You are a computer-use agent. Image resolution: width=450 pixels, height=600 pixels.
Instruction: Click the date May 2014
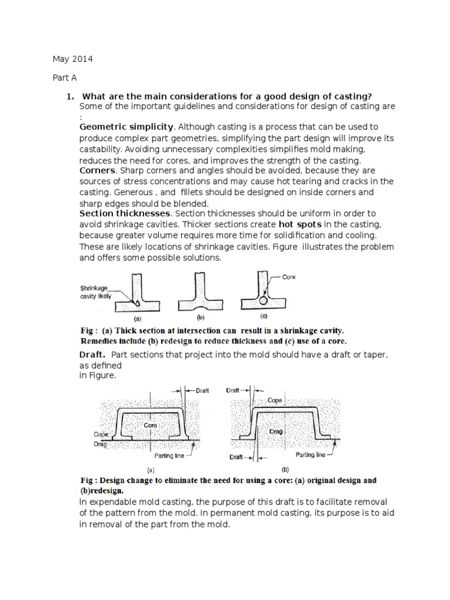73,60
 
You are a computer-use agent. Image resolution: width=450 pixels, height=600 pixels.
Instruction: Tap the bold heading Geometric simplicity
127,127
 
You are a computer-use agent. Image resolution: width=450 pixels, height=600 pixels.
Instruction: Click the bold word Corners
97,170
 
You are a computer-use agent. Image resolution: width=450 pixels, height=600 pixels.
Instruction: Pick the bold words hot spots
298,224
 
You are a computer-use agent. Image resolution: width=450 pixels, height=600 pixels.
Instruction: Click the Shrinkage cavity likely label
97,292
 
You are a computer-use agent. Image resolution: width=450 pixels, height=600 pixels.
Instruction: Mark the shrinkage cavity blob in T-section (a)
136,304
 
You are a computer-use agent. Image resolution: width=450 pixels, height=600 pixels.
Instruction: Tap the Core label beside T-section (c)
289,278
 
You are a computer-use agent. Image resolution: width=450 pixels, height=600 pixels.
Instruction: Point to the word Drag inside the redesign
276,432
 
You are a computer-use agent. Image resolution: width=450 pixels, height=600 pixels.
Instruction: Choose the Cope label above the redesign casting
275,401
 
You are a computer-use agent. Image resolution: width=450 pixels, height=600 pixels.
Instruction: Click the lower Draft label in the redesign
237,456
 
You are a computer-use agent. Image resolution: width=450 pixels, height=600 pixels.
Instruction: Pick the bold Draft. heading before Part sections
93,354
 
